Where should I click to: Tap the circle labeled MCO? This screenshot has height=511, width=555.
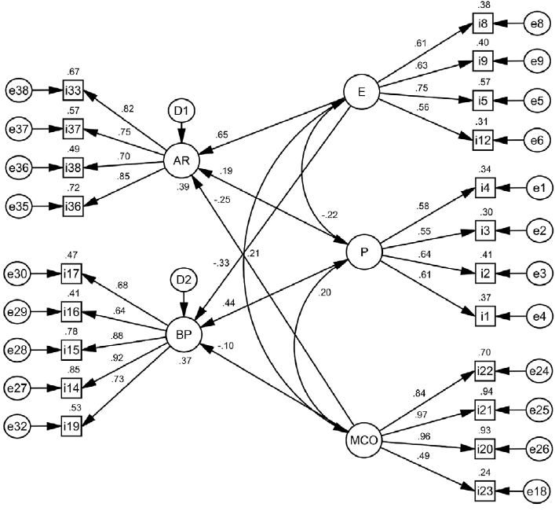coord(363,443)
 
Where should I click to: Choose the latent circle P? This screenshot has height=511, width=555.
coord(364,252)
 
